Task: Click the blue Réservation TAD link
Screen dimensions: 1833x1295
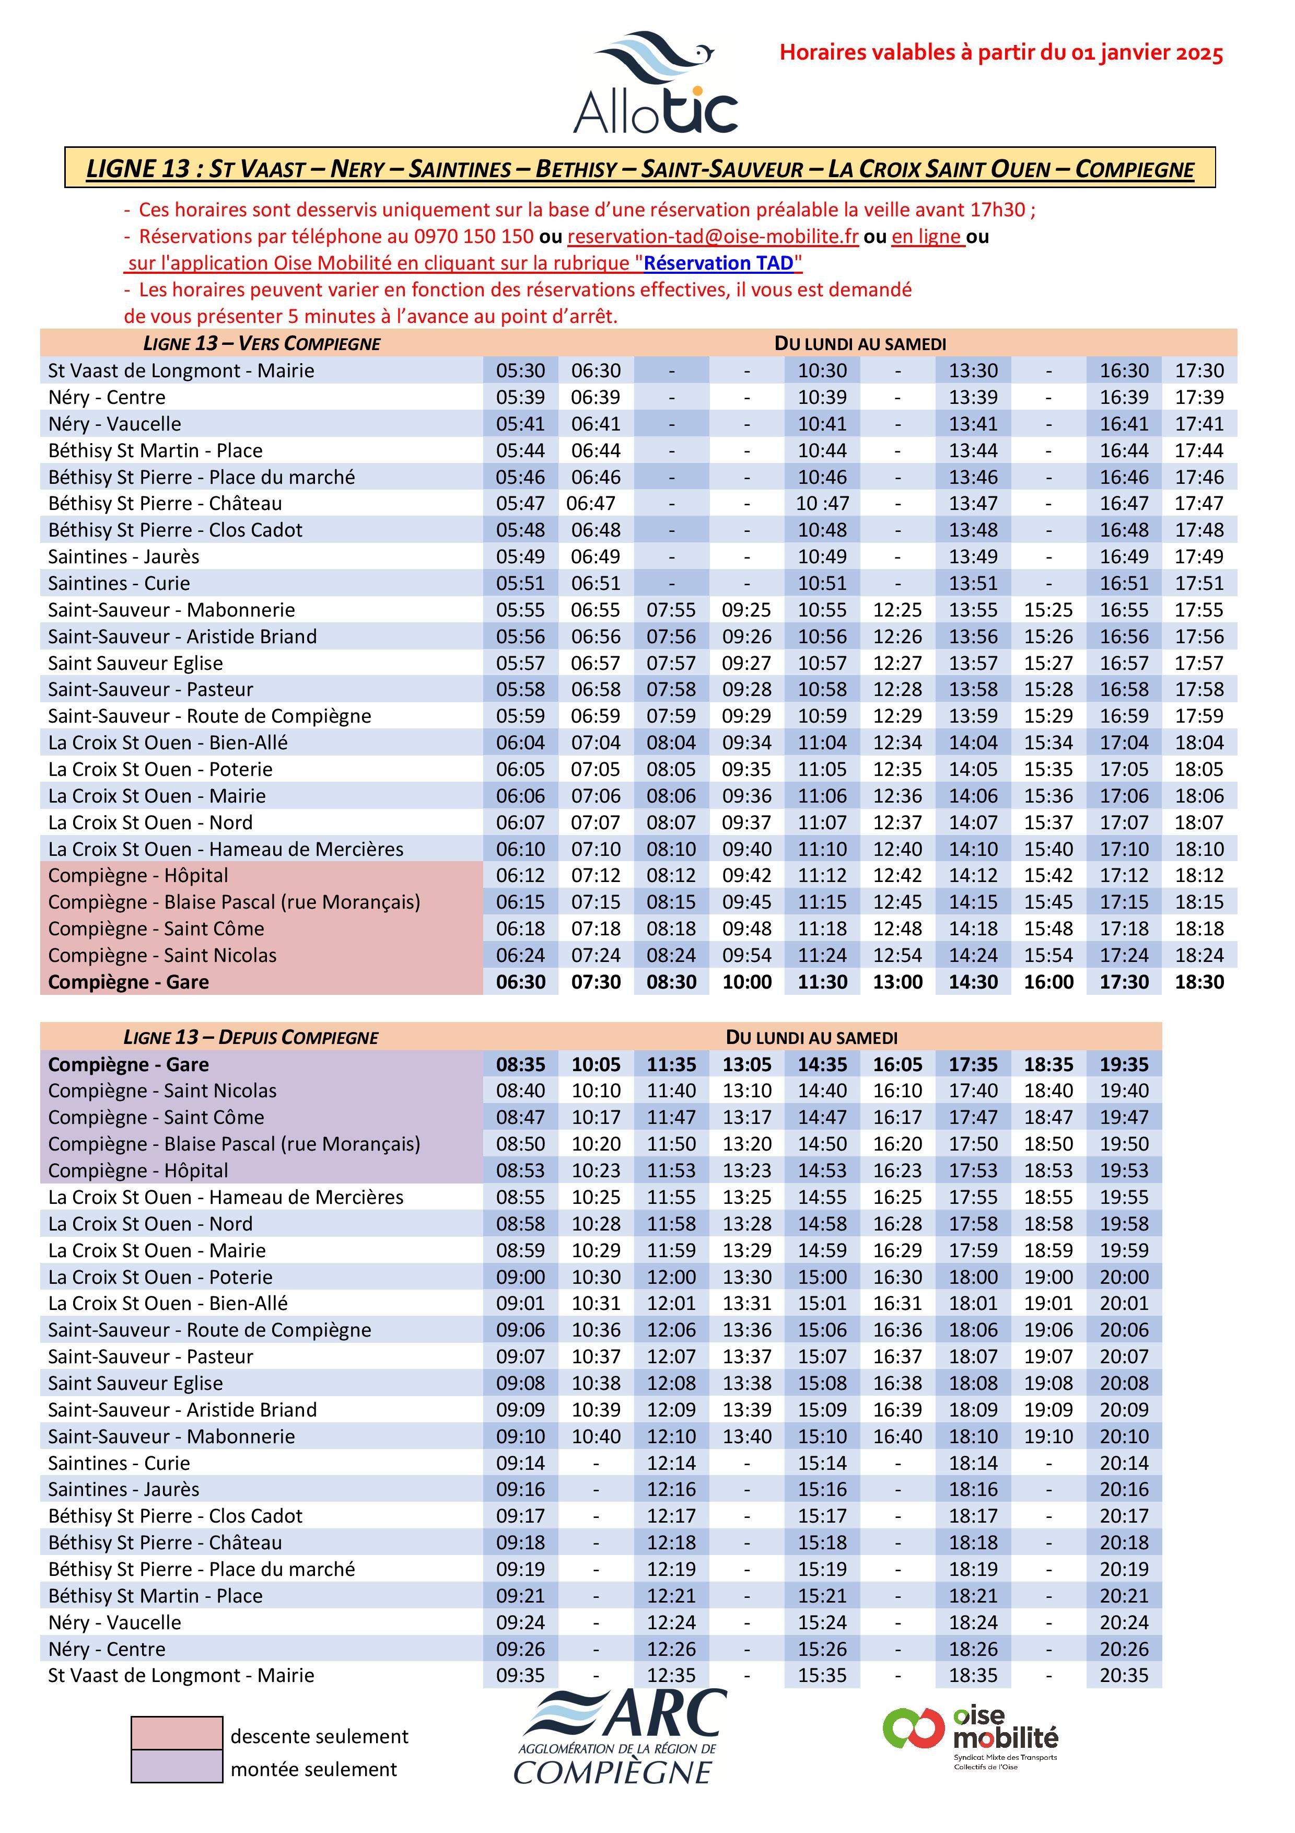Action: pos(719,263)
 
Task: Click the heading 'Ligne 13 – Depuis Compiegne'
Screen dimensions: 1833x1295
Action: pos(251,1037)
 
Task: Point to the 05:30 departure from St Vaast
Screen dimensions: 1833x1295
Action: pos(520,370)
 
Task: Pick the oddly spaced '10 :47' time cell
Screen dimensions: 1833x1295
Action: pos(822,503)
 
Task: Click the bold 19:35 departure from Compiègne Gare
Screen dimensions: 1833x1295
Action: pos(1124,1064)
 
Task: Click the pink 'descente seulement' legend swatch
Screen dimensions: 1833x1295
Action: pos(177,1732)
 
